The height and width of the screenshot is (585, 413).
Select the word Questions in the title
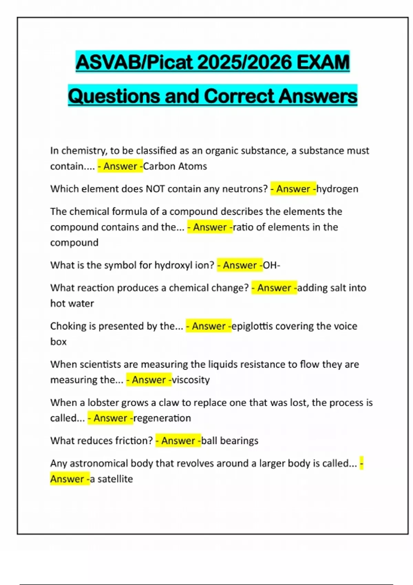[x=114, y=96]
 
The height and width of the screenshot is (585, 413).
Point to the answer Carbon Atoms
[x=175, y=166]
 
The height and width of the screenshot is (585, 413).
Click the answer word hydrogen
[x=337, y=189]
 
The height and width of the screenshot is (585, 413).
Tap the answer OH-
[x=272, y=265]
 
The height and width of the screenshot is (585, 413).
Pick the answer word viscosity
[x=191, y=380]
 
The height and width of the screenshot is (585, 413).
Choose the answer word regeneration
[x=162, y=418]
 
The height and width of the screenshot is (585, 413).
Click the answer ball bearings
[x=230, y=441]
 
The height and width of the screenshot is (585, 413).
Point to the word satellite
[x=115, y=479]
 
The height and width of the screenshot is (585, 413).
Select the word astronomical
[x=98, y=464]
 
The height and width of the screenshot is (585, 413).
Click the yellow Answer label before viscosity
[x=149, y=380]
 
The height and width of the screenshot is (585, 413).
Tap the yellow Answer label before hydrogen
[x=293, y=189]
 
